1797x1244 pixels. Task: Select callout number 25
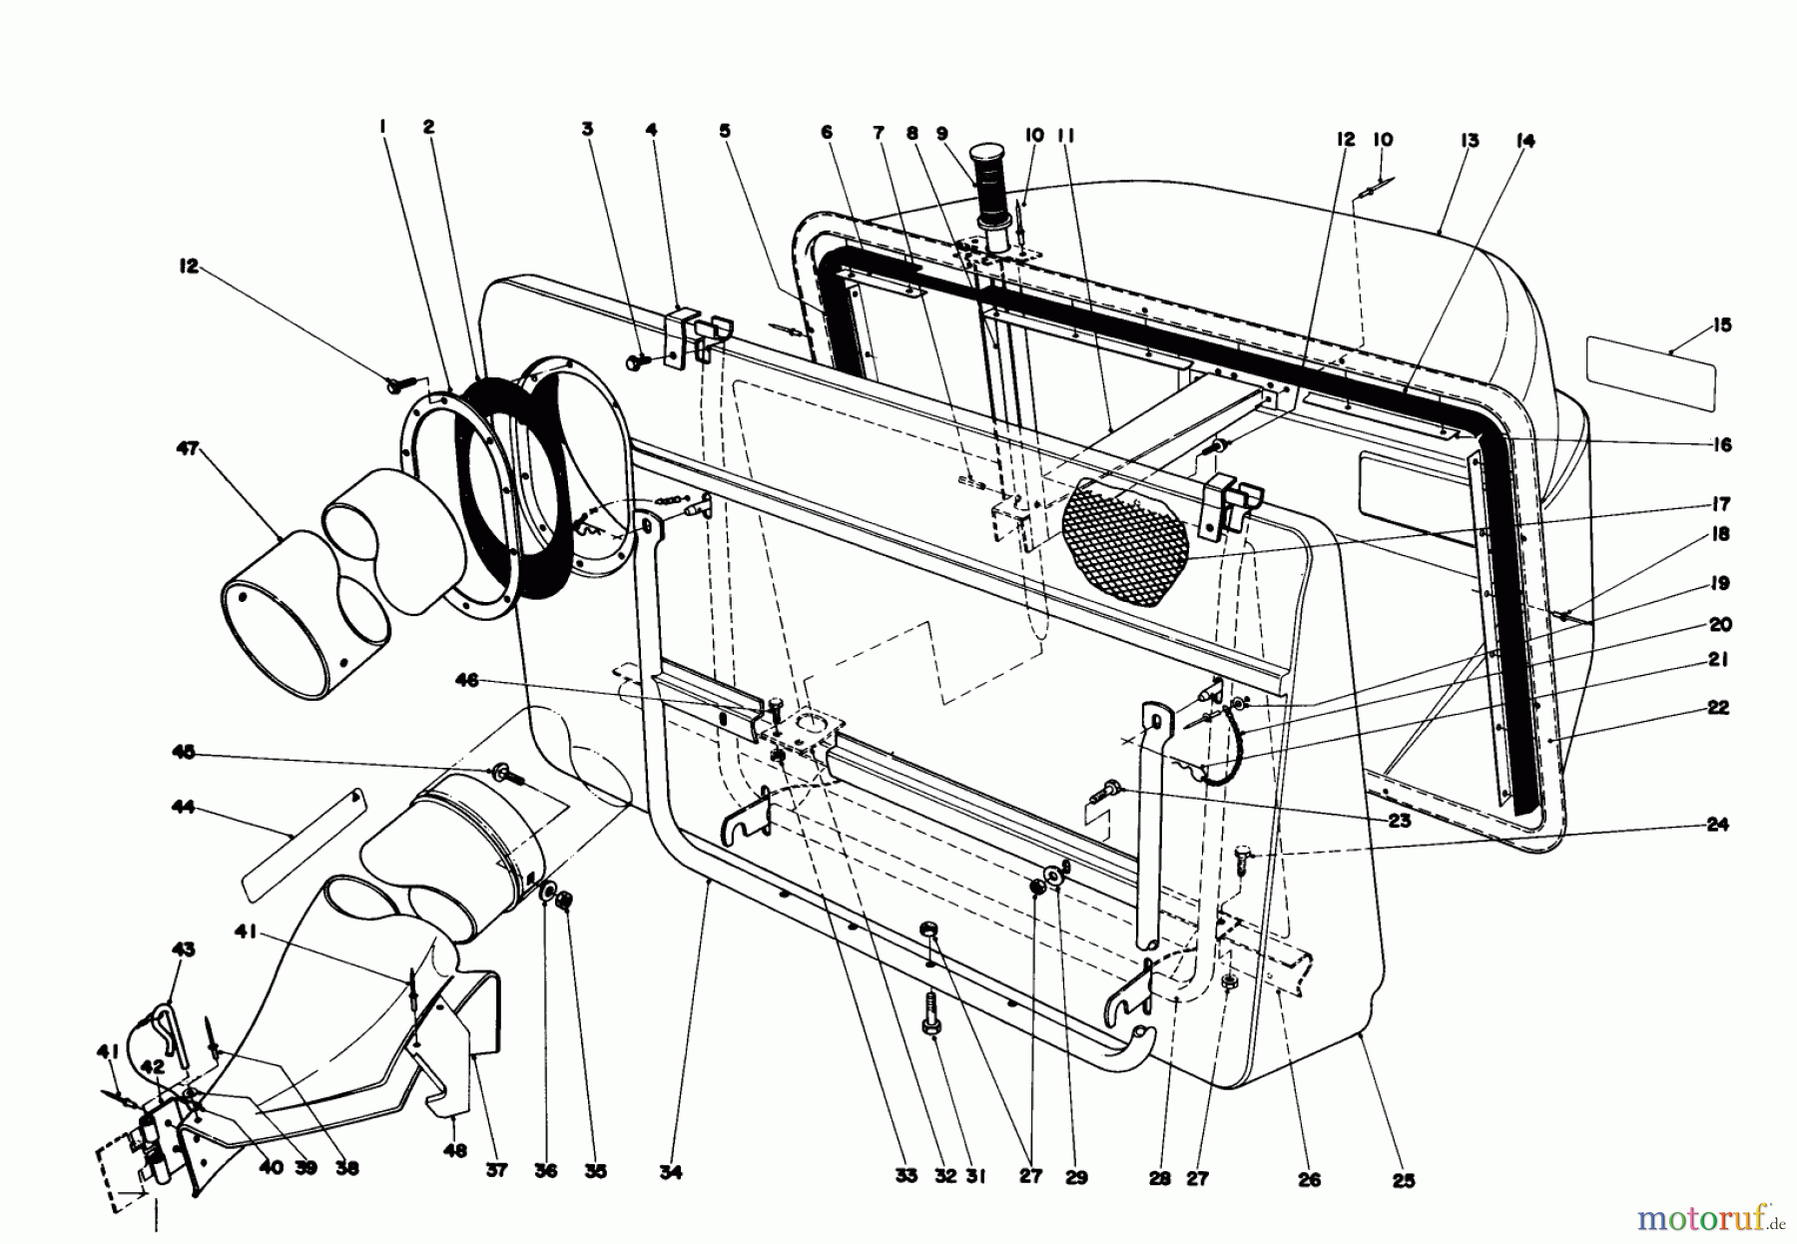coord(1404,1180)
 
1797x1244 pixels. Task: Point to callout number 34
coord(671,1173)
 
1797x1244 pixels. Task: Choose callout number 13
coord(1470,141)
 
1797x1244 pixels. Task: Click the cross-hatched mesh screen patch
coord(1126,542)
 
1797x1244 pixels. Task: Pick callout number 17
coord(1720,505)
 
